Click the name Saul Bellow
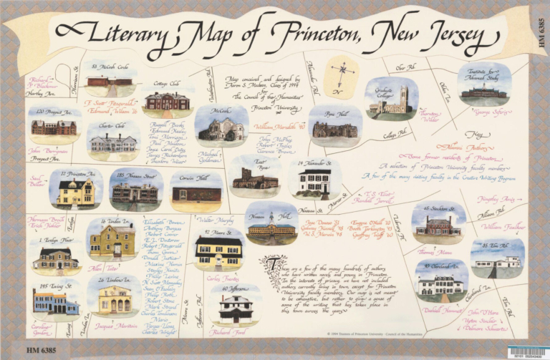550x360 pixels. coord(36,180)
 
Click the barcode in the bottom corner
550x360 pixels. coord(526,351)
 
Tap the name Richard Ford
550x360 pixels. coord(226,332)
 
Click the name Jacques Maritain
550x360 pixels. coord(115,326)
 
